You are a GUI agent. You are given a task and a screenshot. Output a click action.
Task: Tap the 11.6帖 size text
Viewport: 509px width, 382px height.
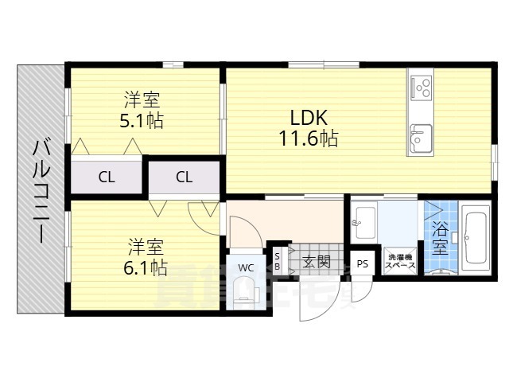(x=307, y=139)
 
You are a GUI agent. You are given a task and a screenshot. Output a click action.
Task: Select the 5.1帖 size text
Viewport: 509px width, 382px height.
(x=142, y=123)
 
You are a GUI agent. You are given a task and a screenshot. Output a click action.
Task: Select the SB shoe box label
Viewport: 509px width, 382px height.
(x=277, y=260)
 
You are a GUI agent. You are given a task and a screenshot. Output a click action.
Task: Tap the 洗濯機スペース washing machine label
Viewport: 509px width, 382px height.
(x=401, y=263)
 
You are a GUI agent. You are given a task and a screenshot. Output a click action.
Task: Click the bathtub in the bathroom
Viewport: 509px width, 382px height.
(x=476, y=236)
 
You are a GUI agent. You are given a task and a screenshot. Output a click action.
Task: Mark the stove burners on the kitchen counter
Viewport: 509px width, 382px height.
(x=420, y=83)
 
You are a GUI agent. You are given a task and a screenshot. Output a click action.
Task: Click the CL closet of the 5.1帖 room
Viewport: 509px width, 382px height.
(x=106, y=177)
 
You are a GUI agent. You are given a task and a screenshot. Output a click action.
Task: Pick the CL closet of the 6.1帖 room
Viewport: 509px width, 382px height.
(x=184, y=177)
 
